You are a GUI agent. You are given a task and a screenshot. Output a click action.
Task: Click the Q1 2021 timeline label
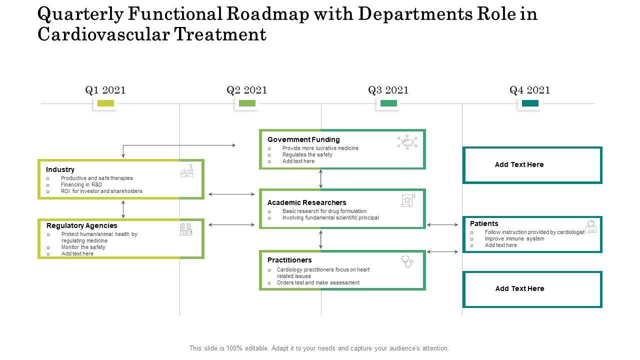[105, 90]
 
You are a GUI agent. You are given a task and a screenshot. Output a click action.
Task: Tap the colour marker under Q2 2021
[247, 103]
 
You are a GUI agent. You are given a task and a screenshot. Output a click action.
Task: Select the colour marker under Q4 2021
[530, 103]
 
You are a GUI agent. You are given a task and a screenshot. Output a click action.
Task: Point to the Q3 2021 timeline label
[388, 90]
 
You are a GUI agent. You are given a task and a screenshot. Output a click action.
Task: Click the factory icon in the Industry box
[187, 171]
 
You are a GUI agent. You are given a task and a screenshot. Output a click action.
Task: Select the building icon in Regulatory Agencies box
[185, 229]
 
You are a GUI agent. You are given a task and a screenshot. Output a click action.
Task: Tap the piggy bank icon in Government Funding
[407, 142]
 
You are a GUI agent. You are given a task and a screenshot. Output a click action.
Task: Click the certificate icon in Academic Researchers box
[408, 200]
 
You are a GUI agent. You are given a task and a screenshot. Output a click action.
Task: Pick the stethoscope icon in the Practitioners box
[407, 261]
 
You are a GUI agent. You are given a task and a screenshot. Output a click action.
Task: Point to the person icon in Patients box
[591, 226]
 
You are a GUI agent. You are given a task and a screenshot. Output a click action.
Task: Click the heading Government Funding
[303, 139]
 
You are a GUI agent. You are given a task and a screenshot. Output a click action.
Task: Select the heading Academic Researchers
[306, 202]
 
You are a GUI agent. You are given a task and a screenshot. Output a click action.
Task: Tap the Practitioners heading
[289, 260]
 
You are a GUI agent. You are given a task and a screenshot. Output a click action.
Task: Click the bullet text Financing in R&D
[81, 184]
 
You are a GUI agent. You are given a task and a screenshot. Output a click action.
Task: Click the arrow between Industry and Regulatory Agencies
[123, 209]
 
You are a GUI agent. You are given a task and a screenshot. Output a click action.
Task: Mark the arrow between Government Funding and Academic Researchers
[321, 179]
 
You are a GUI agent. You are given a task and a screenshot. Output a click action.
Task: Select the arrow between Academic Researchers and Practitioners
[321, 239]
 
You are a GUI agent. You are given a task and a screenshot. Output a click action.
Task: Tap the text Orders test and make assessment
[318, 282]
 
